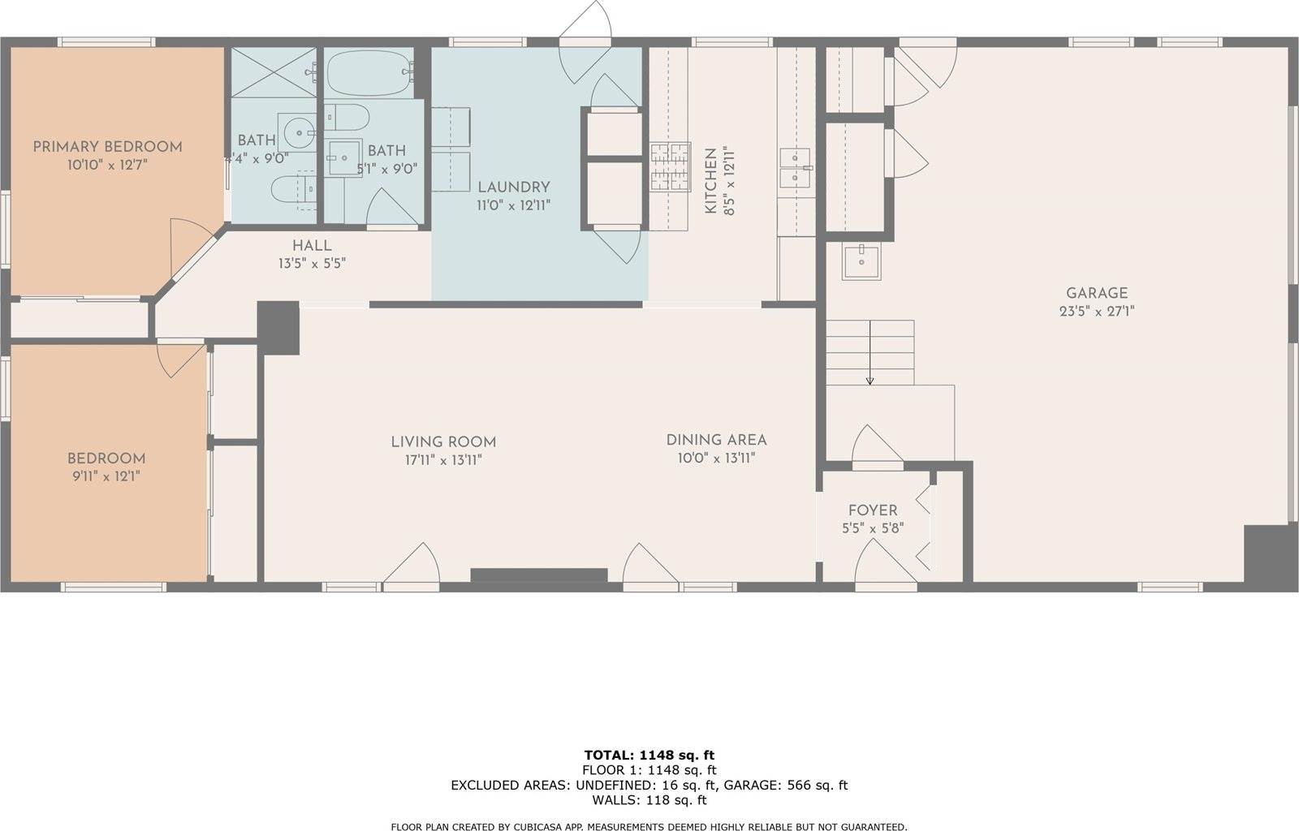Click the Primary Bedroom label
pyautogui.click(x=107, y=147)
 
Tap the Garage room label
pyautogui.click(x=1097, y=293)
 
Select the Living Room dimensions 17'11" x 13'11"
pyautogui.click(x=443, y=460)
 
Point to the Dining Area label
pyautogui.click(x=716, y=441)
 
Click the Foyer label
pyautogui.click(x=873, y=510)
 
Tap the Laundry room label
pyautogui.click(x=514, y=187)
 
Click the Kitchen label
pyautogui.click(x=710, y=180)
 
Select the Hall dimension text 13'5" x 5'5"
pyautogui.click(x=312, y=264)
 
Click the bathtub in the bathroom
pyautogui.click(x=369, y=73)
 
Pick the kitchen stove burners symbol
pyautogui.click(x=671, y=167)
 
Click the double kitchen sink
pyautogui.click(x=796, y=168)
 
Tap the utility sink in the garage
pyautogui.click(x=861, y=261)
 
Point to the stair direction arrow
pyautogui.click(x=870, y=352)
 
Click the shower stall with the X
pyautogui.click(x=274, y=72)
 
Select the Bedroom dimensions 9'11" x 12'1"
pyautogui.click(x=106, y=477)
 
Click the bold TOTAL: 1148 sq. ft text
pyautogui.click(x=649, y=755)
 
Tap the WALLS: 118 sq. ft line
pyautogui.click(x=649, y=800)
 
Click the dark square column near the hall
pyautogui.click(x=278, y=327)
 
